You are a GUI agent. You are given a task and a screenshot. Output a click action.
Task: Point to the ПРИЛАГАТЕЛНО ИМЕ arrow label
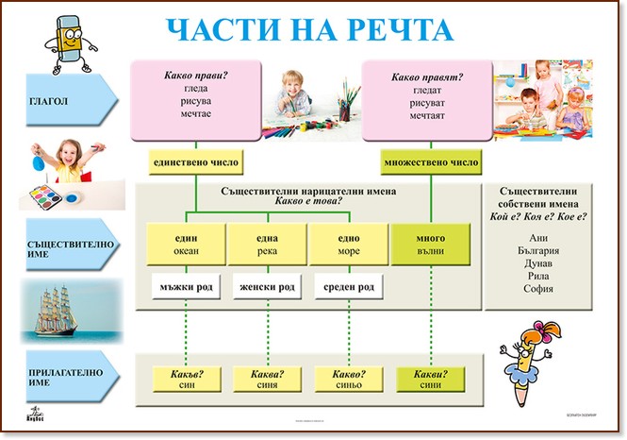pyautogui.click(x=57, y=379)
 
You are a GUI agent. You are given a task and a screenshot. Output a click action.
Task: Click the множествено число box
pyautogui.click(x=431, y=162)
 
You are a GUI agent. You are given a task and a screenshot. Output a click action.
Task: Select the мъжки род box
pyautogui.click(x=186, y=287)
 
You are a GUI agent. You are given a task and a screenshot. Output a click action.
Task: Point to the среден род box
pyautogui.click(x=349, y=287)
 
